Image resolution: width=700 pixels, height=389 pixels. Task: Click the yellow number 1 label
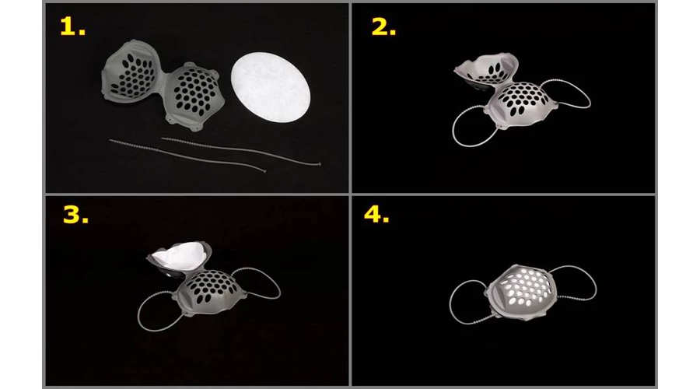tap(72, 27)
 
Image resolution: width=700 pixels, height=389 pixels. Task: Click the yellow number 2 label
tap(383, 27)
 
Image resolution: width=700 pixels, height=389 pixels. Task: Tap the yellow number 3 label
tap(75, 215)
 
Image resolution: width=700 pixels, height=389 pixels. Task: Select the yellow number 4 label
tap(376, 214)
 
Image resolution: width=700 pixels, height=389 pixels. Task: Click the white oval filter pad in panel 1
tap(271, 88)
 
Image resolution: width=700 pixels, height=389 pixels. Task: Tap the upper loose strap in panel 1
tap(241, 151)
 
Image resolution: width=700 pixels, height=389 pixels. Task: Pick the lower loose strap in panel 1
tap(187, 156)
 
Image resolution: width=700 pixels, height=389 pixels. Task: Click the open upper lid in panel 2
tap(487, 68)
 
